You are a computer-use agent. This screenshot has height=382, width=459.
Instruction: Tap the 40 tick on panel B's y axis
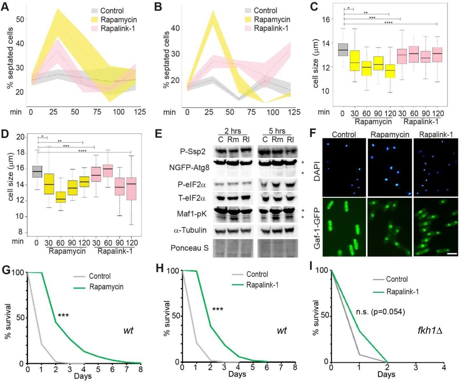tap(175, 28)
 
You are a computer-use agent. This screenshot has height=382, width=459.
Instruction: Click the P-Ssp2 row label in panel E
tap(193, 152)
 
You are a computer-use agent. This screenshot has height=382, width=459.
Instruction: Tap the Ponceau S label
tap(189, 248)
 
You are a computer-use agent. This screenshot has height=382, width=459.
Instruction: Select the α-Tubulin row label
tap(190, 230)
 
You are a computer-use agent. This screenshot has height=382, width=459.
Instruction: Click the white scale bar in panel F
tap(452, 253)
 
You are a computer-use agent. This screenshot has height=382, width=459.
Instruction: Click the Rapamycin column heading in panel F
tap(389, 135)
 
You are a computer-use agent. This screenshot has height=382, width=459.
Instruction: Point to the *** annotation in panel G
tap(63, 316)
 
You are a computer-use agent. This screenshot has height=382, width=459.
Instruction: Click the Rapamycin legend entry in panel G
tap(106, 286)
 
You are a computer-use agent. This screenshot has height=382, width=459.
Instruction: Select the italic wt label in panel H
tap(282, 330)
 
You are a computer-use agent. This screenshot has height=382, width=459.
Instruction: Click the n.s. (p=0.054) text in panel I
tap(380, 312)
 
